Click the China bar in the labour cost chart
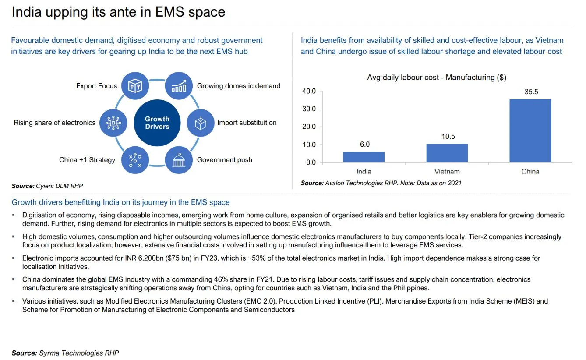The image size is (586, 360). [530, 131]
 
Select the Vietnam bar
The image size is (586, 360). [447, 153]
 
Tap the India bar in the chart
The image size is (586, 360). [364, 157]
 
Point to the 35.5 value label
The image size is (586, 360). [531, 92]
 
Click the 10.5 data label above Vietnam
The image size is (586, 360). [448, 136]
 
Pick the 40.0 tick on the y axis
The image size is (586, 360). [309, 91]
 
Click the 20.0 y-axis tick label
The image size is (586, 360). [309, 127]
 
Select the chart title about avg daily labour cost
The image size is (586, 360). [437, 78]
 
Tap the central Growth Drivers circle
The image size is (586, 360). [157, 123]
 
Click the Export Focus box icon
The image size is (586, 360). [135, 86]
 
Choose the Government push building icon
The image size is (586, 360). [179, 160]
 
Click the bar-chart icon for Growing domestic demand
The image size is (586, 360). [179, 86]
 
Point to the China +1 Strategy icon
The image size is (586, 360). [135, 160]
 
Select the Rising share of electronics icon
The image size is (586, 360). [113, 123]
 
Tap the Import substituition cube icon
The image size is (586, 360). [201, 123]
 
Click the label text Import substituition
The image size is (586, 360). [247, 123]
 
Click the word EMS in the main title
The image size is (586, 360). [170, 12]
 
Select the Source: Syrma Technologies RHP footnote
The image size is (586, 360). [65, 353]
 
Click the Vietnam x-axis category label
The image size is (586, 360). [447, 171]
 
